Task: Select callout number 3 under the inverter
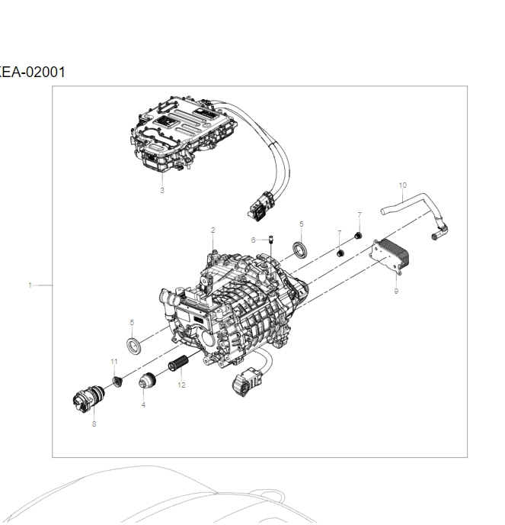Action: pos(161,191)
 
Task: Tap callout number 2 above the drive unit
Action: pos(213,230)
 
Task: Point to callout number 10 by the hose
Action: pos(403,185)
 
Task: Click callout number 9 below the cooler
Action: pos(396,291)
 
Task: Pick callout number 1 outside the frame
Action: pos(30,285)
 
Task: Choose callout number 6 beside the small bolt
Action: pos(253,240)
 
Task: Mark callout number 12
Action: pos(181,385)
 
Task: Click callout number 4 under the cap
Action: pos(142,404)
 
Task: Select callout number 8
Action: pos(94,424)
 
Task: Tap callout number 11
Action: pos(113,360)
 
